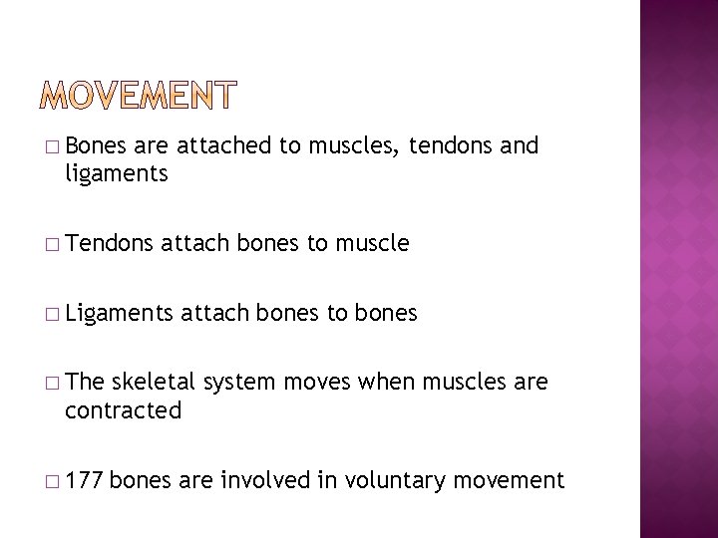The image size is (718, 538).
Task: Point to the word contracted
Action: pos(123,409)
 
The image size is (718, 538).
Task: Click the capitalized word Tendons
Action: pos(105,242)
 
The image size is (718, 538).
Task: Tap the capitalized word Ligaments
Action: pos(115,313)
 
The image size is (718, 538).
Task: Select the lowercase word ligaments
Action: pos(116,175)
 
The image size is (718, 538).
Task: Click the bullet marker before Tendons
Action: pos(51,243)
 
